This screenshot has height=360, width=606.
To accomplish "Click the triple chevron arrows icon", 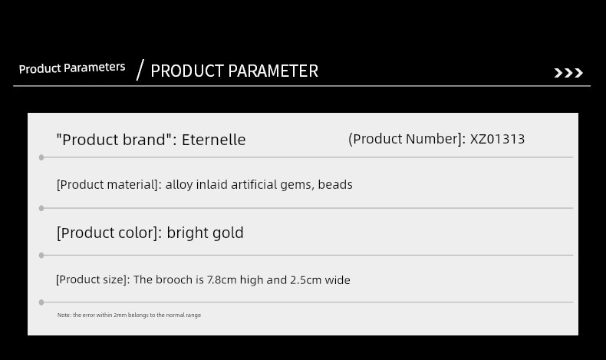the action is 568,73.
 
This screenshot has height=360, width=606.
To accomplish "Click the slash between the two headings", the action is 140,70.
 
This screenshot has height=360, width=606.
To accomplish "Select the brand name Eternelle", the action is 214,140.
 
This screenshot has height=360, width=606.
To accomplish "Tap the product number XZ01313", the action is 497,139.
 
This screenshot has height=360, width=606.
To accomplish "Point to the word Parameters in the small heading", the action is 94,68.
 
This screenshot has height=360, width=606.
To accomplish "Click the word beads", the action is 335,184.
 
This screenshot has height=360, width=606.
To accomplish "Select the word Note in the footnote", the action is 64,315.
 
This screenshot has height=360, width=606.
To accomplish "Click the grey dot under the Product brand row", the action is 41,157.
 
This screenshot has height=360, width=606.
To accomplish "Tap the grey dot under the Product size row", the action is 41,302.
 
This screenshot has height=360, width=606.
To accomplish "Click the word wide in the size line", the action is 338,279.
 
